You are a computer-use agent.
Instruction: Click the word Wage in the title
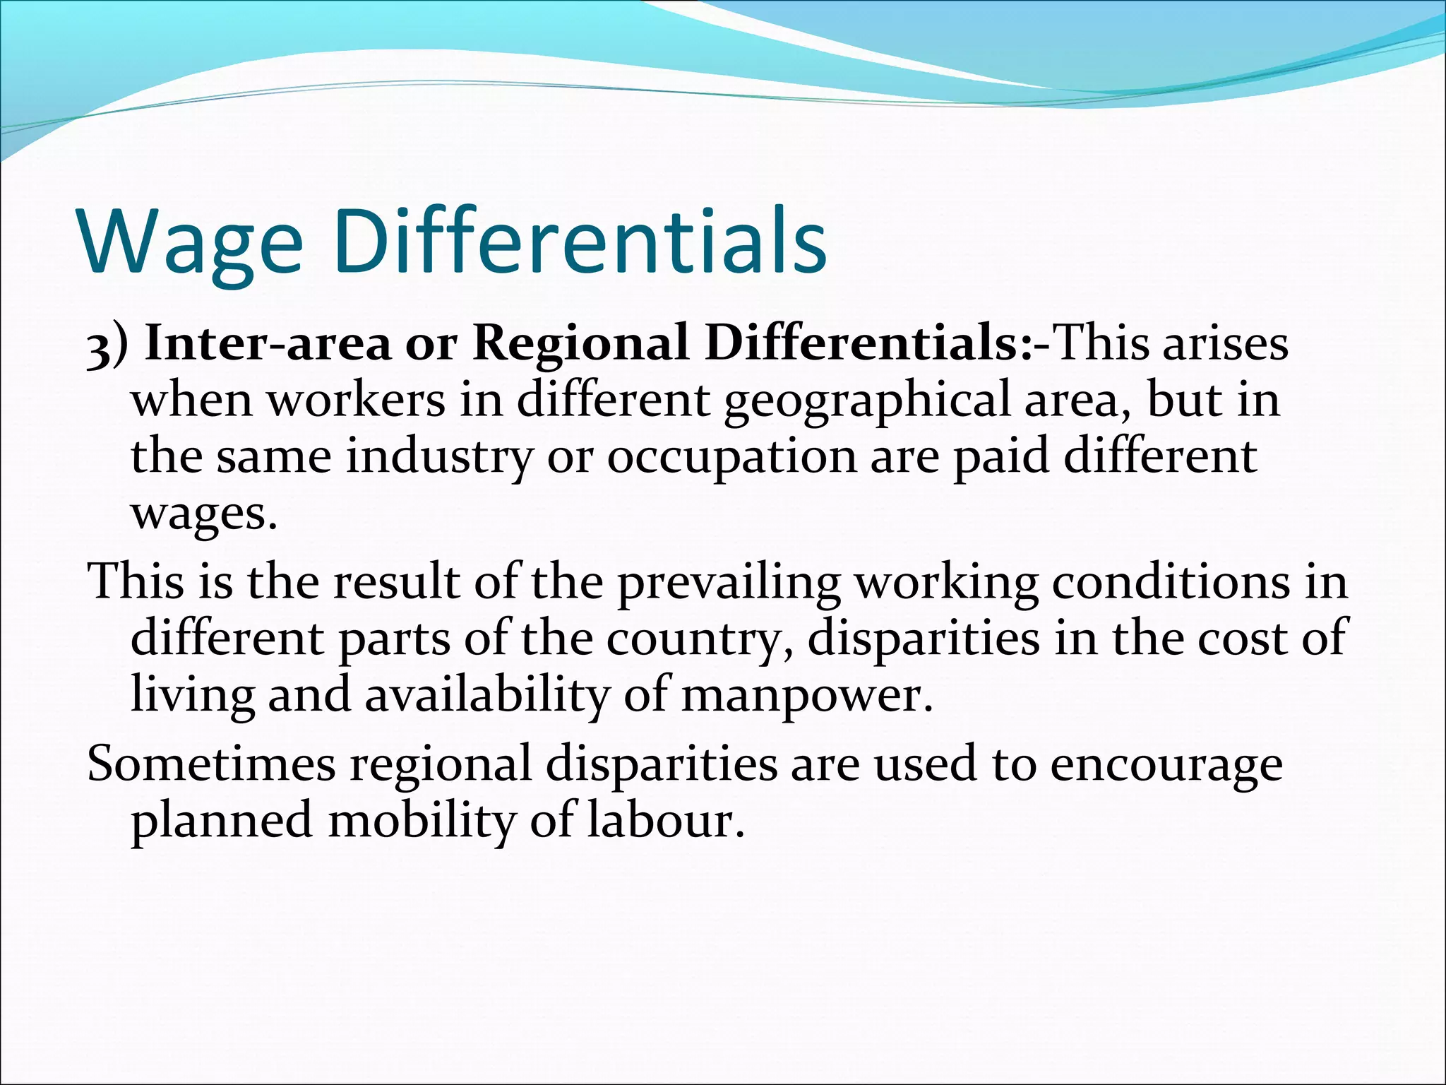pyautogui.click(x=191, y=242)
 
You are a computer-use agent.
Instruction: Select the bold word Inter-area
pyautogui.click(x=267, y=344)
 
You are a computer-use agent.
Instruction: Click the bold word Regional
pyautogui.click(x=580, y=344)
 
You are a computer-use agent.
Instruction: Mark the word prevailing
pyautogui.click(x=729, y=583)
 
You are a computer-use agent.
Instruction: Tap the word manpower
pyautogui.click(x=805, y=696)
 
